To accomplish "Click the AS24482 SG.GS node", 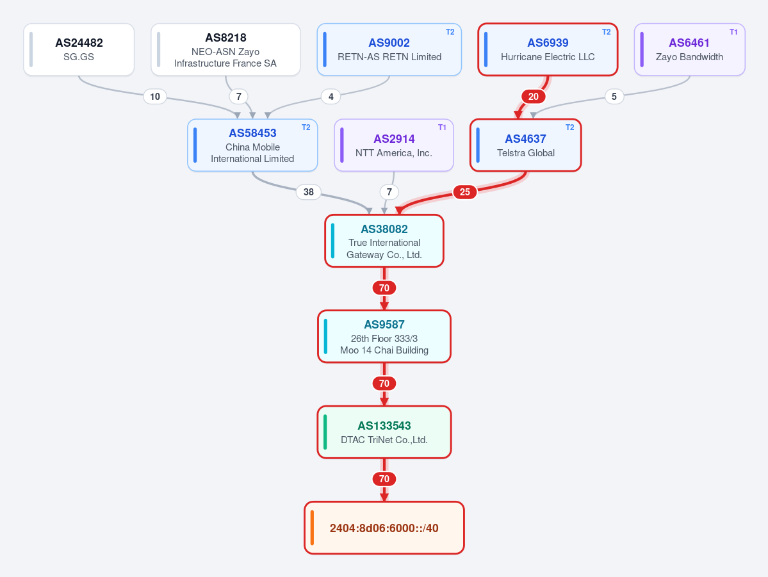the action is pos(79,49).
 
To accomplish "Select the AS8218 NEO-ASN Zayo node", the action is pos(225,49).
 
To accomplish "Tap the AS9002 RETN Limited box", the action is pos(389,49).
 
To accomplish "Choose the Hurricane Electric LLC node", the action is pos(548,49).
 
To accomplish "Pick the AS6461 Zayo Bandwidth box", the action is pos(689,49).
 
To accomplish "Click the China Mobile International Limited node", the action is pos(252,145).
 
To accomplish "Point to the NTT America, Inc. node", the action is pos(394,145).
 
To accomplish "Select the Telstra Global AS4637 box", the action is pos(525,145).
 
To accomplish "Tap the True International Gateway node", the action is pos(384,241).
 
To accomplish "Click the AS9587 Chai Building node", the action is pos(384,336).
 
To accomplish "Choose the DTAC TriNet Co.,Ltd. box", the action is pos(384,432).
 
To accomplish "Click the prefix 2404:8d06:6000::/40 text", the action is pos(384,528).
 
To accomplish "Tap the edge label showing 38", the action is pos(309,192).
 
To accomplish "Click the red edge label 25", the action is pos(465,192).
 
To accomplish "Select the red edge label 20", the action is pos(534,97).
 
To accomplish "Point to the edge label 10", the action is pos(155,97).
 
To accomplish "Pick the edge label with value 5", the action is pos(614,97).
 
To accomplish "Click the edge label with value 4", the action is pos(331,97).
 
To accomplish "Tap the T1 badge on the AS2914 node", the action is pos(442,127).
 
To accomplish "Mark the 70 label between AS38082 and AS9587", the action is pos(384,288).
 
